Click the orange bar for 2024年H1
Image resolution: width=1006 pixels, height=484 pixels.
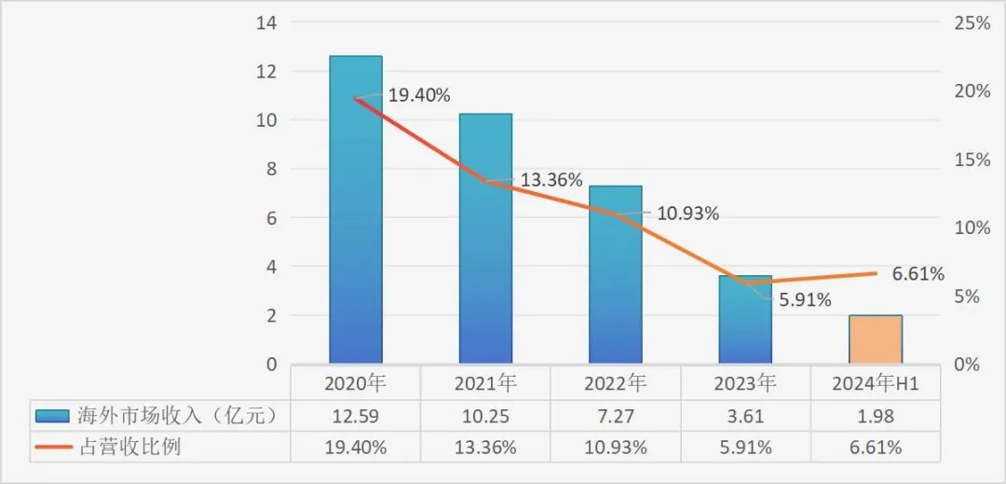pyautogui.click(x=876, y=339)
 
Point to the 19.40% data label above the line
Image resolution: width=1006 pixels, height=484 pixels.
pyautogui.click(x=419, y=95)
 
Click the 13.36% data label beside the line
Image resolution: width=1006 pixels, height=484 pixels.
pyautogui.click(x=551, y=180)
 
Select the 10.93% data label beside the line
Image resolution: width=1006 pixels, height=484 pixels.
pyautogui.click(x=687, y=214)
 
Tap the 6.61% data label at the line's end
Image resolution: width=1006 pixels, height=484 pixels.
pyautogui.click(x=918, y=274)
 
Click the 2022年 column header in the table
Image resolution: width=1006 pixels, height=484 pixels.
pyautogui.click(x=616, y=382)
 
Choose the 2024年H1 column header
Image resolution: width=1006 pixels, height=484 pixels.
pyautogui.click(x=876, y=382)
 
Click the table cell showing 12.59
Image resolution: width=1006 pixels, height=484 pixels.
pyautogui.click(x=355, y=415)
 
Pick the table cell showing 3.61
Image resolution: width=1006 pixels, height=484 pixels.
pyautogui.click(x=745, y=415)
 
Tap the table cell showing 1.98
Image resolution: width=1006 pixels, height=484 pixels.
pyautogui.click(x=876, y=415)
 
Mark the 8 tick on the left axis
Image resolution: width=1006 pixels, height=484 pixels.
pyautogui.click(x=271, y=169)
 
